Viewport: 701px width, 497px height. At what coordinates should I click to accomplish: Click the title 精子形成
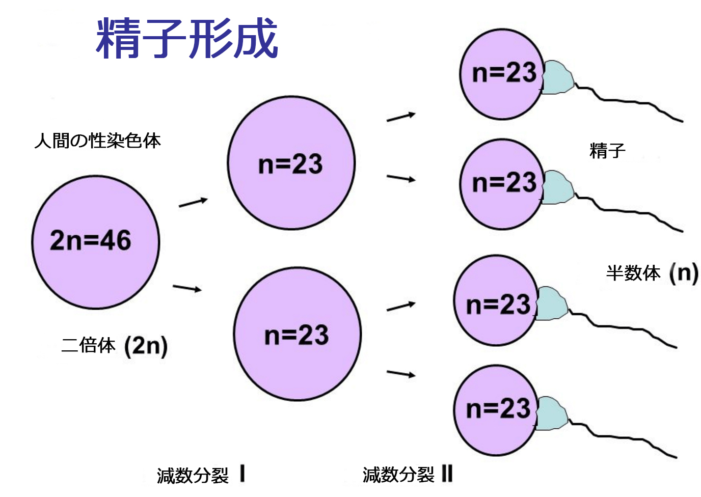click(186, 38)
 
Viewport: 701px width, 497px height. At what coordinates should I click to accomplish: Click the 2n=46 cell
click(95, 242)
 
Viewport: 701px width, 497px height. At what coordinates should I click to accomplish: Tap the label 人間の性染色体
click(97, 141)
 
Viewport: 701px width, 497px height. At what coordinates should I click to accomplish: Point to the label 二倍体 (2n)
click(114, 346)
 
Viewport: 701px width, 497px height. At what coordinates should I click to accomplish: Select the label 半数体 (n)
click(652, 273)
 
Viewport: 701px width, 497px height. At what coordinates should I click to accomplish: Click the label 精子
click(607, 151)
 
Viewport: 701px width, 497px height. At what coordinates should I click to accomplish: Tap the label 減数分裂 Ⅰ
click(201, 475)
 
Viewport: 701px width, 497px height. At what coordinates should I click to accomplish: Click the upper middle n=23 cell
click(291, 163)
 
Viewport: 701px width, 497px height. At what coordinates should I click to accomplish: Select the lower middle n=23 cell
click(297, 334)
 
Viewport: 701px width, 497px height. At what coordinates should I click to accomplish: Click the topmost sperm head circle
click(502, 74)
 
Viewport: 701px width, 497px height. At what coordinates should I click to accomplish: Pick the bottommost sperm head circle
click(496, 410)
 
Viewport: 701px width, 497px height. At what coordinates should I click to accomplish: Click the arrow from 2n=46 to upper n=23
click(193, 202)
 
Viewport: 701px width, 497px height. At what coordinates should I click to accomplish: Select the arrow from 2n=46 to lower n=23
click(187, 288)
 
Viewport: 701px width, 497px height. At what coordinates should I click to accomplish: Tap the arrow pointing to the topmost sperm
click(401, 117)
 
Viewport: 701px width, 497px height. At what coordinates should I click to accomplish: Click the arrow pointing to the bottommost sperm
click(401, 374)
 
